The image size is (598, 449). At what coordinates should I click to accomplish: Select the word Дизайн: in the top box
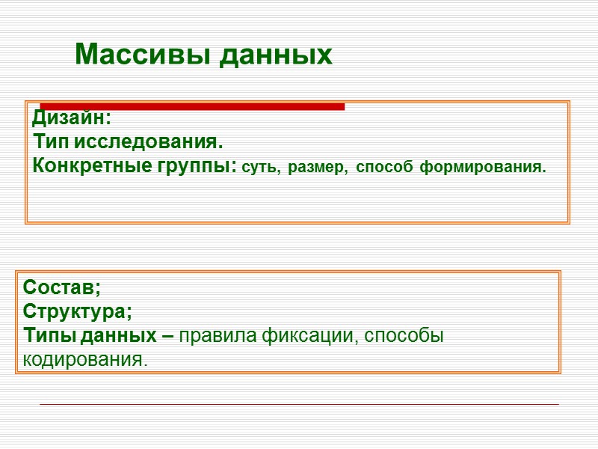point(72,118)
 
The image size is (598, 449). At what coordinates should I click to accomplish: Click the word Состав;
point(62,287)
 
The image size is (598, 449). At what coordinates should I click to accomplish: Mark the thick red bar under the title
point(192,106)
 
